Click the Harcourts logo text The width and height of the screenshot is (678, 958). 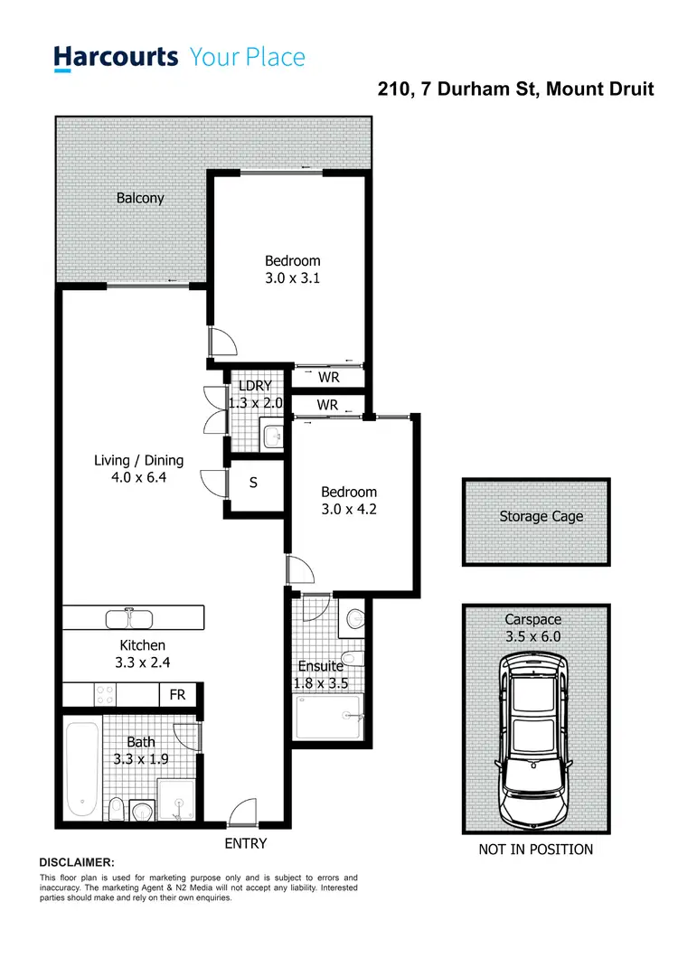tap(115, 58)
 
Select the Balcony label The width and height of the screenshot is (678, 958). tap(140, 197)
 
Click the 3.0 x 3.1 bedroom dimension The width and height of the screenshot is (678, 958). tap(292, 278)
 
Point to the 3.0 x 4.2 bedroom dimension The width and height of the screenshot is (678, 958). tap(349, 510)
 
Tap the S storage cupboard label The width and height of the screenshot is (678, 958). tap(253, 483)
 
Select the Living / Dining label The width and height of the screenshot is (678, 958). tap(139, 460)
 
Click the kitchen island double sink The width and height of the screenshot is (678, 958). tap(132, 619)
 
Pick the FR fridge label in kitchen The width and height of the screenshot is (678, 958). tap(177, 695)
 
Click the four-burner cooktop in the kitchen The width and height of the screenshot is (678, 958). tap(105, 694)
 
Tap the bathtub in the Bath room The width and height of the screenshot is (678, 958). tap(81, 767)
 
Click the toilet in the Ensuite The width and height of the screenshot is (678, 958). tap(355, 619)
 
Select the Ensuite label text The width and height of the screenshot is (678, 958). tap(320, 666)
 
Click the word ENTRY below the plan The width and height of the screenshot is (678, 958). tap(245, 843)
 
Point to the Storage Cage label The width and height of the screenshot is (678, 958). tap(541, 517)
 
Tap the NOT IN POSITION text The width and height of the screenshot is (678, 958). tap(535, 849)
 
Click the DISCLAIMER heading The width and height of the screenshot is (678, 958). tap(77, 863)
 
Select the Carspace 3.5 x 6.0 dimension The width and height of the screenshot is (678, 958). tap(533, 636)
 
